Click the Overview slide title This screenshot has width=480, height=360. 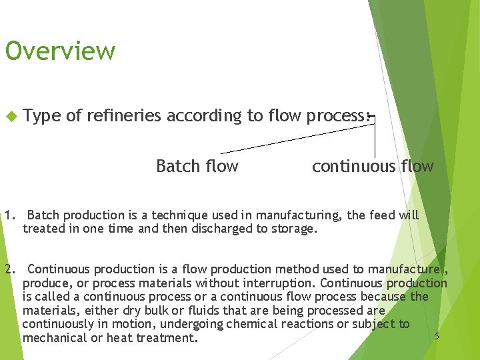pyautogui.click(x=60, y=51)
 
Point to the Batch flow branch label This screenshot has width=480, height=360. pyautogui.click(x=197, y=166)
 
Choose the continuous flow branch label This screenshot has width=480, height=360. pyautogui.click(x=373, y=166)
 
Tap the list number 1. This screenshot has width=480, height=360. pyautogui.click(x=9, y=215)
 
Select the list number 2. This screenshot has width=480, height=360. pyautogui.click(x=9, y=269)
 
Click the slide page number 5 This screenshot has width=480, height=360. pyautogui.click(x=437, y=336)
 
